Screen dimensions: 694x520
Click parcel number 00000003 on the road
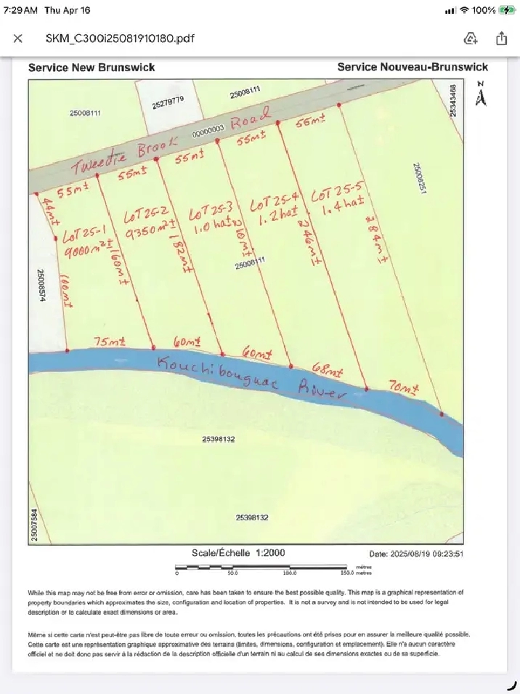pyautogui.click(x=208, y=134)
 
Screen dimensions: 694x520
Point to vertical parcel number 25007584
pyautogui.click(x=34, y=524)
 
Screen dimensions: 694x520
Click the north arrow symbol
pyautogui.click(x=480, y=95)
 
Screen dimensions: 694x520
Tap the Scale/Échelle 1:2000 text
pyautogui.click(x=238, y=553)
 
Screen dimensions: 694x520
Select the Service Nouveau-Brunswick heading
pyautogui.click(x=413, y=67)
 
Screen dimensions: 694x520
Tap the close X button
pyautogui.click(x=18, y=39)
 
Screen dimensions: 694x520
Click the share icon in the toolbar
pyautogui.click(x=501, y=39)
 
